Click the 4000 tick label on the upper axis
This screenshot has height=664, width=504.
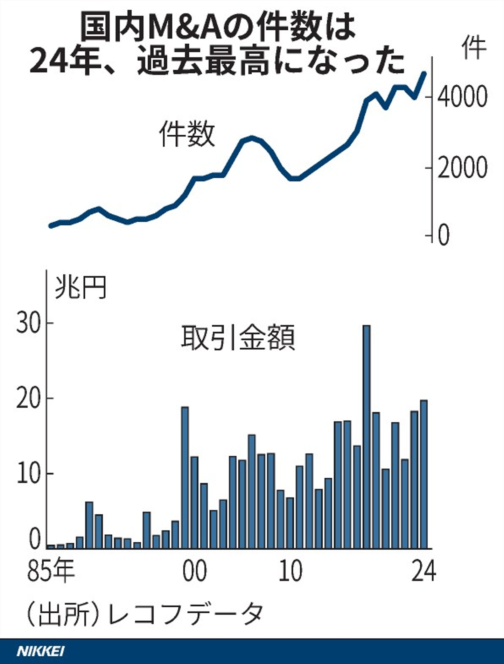coord(462,97)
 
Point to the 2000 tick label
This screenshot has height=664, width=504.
coord(462,168)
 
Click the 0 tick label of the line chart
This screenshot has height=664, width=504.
coord(443,235)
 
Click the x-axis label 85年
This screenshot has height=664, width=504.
coord(51,571)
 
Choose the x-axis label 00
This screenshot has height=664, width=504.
coord(195,571)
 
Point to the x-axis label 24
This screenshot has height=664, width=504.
coord(423,571)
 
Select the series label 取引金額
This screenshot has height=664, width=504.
coord(238,337)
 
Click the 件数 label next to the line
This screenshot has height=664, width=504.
coord(187,134)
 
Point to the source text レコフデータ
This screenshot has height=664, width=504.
coord(185,614)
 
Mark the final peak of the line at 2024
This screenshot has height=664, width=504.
coord(424,74)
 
